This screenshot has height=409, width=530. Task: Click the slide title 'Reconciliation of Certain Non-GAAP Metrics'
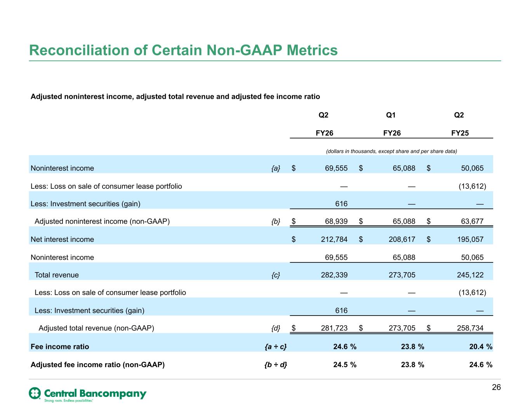point(183,50)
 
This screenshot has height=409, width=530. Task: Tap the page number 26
point(496,387)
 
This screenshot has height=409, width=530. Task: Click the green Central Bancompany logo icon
point(35,393)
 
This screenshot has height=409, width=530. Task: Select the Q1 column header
point(391,115)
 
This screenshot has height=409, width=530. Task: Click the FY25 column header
point(460,133)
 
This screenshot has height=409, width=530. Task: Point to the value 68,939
point(336,221)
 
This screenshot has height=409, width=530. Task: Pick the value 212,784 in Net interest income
point(334,239)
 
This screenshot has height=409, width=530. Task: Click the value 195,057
point(470,239)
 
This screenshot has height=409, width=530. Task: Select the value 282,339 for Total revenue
point(334,274)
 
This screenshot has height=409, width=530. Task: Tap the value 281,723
point(334,328)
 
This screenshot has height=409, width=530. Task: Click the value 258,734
point(470,328)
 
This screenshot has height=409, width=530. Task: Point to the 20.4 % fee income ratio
point(481,347)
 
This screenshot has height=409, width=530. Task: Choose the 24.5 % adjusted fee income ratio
point(345,364)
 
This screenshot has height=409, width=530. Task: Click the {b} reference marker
point(276,221)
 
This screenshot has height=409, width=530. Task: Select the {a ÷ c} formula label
point(276,347)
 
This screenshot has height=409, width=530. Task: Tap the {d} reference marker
point(276,328)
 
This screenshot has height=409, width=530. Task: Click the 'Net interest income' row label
point(62,239)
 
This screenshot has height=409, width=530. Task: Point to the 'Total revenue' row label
point(57,275)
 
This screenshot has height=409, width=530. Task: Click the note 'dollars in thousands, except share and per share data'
point(391,151)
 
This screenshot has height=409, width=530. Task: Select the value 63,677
point(472,221)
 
